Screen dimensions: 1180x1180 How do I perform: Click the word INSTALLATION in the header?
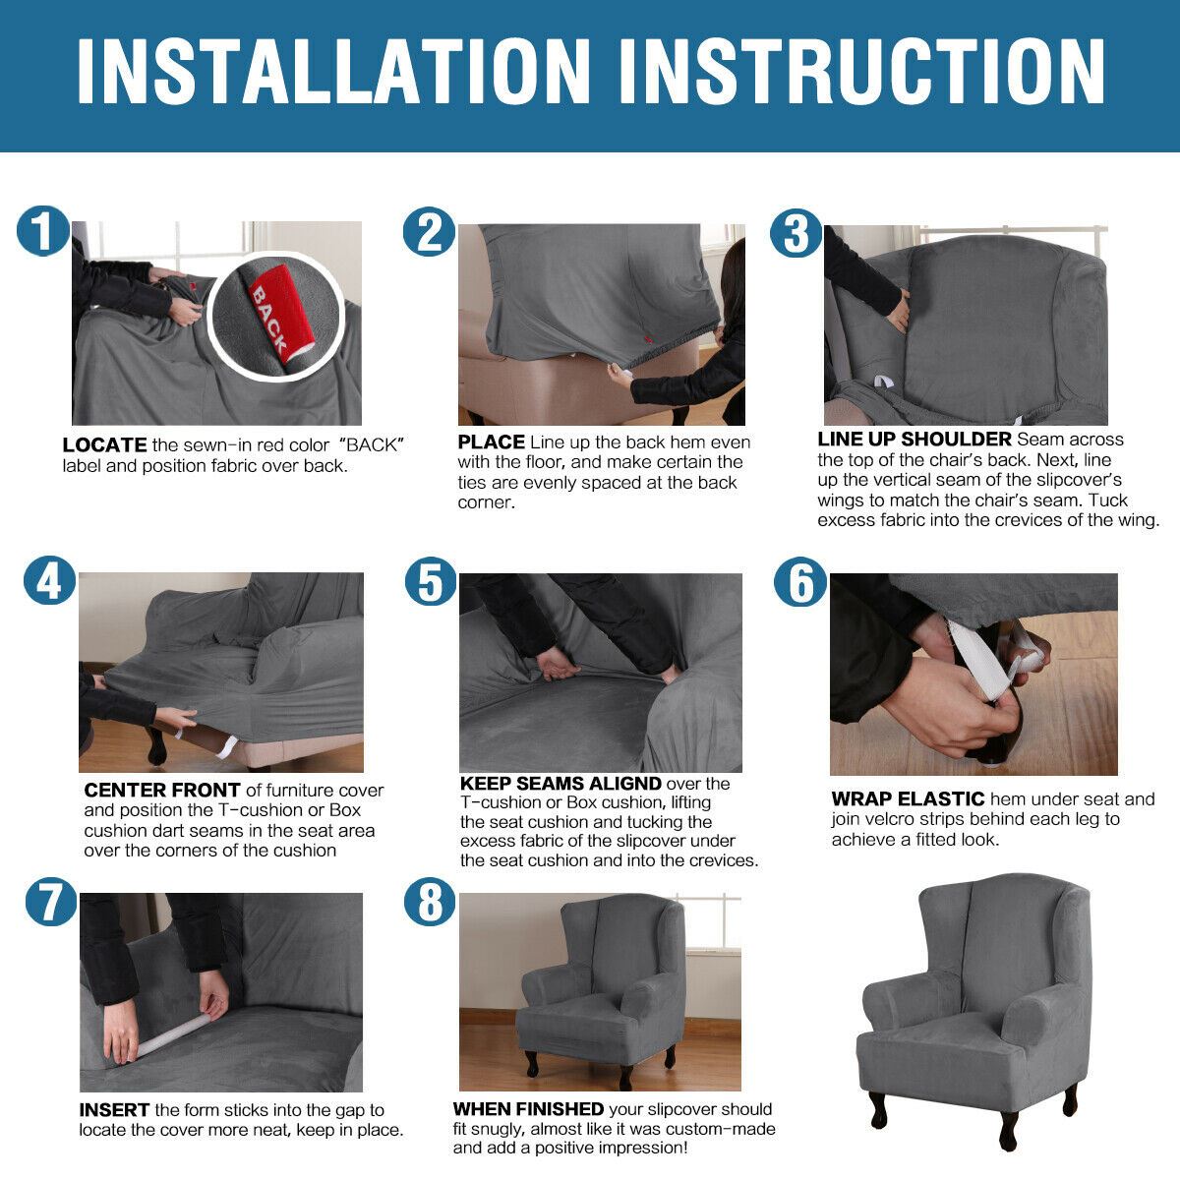[333, 71]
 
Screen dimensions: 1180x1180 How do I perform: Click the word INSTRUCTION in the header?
[862, 71]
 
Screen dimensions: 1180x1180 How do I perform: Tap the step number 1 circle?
[42, 230]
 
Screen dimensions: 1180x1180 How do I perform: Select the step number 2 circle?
[430, 232]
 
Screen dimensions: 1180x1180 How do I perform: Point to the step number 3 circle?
[796, 233]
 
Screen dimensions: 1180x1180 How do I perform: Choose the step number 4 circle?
[49, 580]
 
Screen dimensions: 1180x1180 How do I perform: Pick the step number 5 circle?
[431, 581]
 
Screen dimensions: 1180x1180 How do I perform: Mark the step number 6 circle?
[799, 582]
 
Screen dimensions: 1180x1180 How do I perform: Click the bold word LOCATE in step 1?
[104, 445]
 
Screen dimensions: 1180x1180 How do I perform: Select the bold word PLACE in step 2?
[491, 442]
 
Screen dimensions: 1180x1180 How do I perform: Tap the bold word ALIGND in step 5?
[624, 783]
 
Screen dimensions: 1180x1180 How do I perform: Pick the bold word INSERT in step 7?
[114, 1110]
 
